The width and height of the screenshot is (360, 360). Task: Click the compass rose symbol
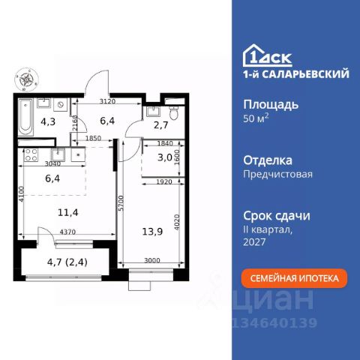[26, 79]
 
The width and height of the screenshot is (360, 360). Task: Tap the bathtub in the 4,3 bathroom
[25, 117]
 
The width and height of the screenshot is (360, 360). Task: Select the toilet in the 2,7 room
[174, 112]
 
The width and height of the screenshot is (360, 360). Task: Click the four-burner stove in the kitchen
[31, 155]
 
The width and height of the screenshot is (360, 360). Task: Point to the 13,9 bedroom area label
[152, 232]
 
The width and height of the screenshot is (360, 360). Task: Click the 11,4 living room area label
[67, 213]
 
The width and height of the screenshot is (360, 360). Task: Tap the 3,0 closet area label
[165, 157]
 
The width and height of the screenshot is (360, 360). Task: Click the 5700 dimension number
[121, 203]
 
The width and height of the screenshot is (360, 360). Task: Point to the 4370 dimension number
[67, 232]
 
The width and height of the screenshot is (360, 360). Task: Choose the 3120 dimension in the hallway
[107, 101]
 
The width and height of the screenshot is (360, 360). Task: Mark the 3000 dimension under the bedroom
[152, 260]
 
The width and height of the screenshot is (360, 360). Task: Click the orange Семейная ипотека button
[294, 278]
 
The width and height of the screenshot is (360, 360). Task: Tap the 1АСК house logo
[268, 55]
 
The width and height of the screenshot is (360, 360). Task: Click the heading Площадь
[271, 105]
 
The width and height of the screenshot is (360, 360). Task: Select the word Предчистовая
[277, 174]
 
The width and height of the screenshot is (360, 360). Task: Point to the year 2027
[254, 242]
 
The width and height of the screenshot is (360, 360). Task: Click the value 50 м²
[256, 118]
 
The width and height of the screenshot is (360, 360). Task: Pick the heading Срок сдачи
[277, 216]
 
